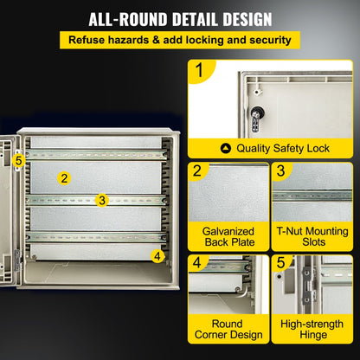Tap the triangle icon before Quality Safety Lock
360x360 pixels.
point(227,149)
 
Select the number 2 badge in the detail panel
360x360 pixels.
point(198,171)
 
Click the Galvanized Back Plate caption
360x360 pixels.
point(228,238)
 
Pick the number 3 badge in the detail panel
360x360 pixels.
point(281,171)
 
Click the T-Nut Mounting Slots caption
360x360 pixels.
point(312,238)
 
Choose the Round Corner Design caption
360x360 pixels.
point(228,331)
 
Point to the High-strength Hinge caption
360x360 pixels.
point(312,331)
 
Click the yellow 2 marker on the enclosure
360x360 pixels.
point(63,178)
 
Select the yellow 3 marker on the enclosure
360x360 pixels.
point(102,200)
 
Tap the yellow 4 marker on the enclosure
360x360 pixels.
point(157,255)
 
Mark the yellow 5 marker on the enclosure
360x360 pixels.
point(18,159)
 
